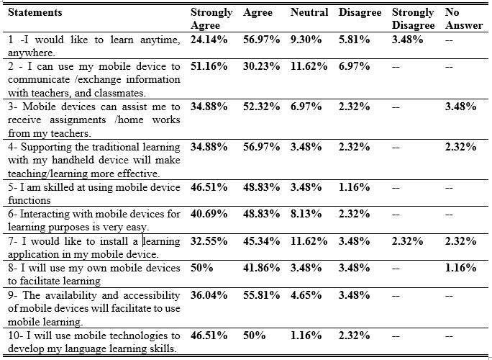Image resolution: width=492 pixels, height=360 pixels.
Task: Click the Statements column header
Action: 35,12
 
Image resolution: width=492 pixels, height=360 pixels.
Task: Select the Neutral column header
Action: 309,12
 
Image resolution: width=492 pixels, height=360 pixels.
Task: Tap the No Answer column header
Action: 464,19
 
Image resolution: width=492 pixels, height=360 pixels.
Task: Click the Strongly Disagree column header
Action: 413,19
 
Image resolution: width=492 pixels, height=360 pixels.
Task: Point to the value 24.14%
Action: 209,40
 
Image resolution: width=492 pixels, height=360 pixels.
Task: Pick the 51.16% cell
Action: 209,66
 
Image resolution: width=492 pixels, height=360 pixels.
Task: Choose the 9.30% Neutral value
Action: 306,40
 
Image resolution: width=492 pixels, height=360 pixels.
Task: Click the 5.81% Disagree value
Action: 354,40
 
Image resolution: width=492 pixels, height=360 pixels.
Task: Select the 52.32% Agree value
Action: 261,107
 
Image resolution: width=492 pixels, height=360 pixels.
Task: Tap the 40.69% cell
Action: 209,214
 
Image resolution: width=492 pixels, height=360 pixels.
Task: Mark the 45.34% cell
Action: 261,241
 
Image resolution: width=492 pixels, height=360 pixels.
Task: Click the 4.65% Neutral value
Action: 306,295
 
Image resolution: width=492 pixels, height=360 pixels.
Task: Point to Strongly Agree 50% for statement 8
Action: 201,268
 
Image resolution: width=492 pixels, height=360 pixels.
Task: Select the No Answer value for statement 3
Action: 460,107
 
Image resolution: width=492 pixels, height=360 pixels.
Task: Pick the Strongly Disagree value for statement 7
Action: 407,241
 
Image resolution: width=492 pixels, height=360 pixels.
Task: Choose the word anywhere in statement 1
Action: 32,53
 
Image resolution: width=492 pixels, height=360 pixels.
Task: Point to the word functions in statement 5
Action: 29,200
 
